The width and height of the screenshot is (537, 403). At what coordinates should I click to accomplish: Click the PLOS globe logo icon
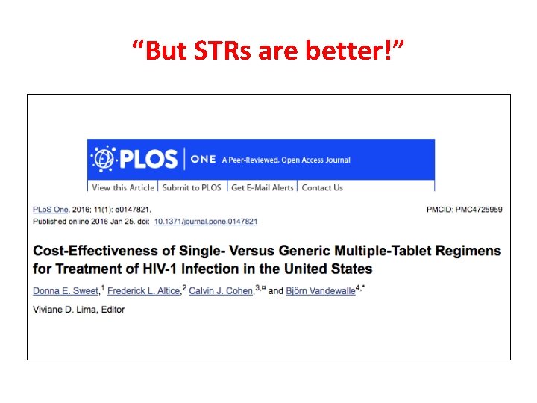point(103,159)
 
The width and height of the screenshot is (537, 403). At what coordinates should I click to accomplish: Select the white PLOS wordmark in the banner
point(149,159)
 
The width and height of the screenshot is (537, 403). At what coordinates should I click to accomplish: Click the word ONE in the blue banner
point(203,160)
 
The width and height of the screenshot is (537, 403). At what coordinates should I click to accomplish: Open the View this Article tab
point(123,187)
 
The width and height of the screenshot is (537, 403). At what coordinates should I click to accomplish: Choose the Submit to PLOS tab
point(192,187)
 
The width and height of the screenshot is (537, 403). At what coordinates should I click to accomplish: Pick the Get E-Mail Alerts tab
point(262,187)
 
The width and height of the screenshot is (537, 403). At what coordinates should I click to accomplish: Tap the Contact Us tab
point(322,187)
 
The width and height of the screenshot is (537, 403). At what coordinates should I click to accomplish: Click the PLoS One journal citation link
point(51,210)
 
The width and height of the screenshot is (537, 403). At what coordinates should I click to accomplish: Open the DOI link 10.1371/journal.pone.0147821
point(207,222)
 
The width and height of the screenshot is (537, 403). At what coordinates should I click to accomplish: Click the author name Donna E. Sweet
point(66,290)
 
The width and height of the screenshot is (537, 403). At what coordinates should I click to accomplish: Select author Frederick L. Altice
point(144,290)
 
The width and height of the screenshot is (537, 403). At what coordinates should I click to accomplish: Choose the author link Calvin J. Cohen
point(221,290)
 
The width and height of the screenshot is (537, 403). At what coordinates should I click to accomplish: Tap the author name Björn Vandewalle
point(320,290)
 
